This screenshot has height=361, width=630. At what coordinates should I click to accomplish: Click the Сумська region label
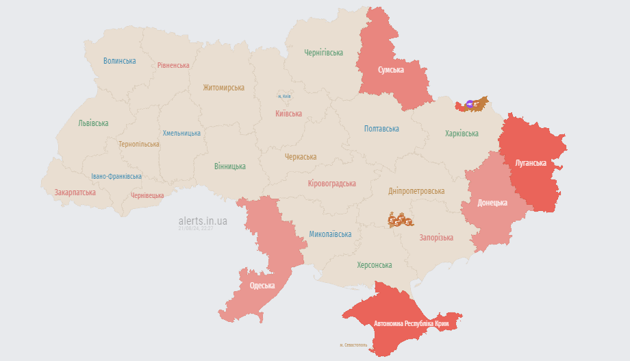tap(391, 70)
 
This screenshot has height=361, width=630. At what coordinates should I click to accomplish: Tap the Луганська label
tap(530, 163)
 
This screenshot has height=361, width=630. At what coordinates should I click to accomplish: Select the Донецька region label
tap(492, 203)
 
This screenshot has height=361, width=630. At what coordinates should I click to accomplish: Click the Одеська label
tap(262, 286)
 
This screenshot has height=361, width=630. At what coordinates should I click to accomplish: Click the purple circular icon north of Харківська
tap(469, 104)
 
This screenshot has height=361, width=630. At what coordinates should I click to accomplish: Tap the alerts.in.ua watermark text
tap(203, 221)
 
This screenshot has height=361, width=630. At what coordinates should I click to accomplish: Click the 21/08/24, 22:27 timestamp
tap(195, 229)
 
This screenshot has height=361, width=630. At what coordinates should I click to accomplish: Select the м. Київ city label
tap(283, 97)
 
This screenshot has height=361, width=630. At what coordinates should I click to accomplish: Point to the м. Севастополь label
tap(353, 345)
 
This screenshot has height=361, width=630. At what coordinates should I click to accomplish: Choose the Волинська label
tap(120, 61)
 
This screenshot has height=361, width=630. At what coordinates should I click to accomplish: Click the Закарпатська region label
tap(75, 192)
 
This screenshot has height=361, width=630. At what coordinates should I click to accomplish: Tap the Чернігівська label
tap(324, 53)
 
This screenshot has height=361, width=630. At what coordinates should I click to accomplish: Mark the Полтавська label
tap(381, 129)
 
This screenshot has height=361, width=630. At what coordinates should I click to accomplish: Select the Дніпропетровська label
tap(416, 191)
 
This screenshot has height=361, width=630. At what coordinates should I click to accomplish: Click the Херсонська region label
tap(375, 265)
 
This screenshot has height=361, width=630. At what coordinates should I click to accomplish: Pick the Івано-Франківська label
tap(116, 177)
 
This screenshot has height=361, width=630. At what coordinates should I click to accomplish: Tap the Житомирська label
tap(223, 88)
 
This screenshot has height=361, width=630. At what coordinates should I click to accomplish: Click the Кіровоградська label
tap(332, 184)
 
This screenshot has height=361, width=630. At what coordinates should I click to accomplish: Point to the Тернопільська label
tap(139, 145)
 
